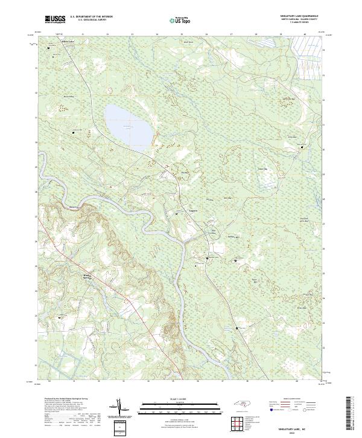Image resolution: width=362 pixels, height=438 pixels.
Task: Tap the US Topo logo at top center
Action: coord(182,21)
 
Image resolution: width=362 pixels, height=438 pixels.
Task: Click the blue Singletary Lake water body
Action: coord(128,125)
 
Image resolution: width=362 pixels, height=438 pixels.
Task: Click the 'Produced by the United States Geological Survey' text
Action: coord(63,399)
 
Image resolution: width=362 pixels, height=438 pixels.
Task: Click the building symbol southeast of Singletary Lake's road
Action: coord(177,213)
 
